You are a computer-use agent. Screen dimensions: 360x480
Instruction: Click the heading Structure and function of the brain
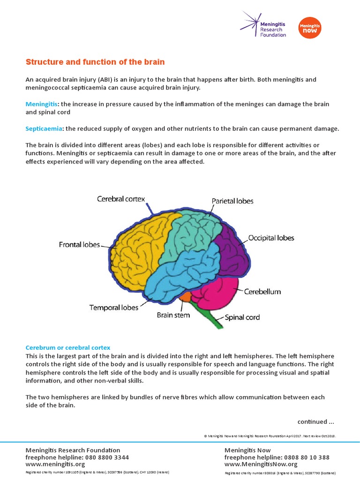pyautogui.click(x=95, y=62)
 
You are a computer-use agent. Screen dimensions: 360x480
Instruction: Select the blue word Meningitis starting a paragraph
pyautogui.click(x=41, y=103)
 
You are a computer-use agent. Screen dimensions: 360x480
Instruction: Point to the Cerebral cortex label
pyautogui.click(x=121, y=199)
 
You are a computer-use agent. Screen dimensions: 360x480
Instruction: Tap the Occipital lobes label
pyautogui.click(x=271, y=238)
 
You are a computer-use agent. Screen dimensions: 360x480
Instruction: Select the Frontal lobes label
pyautogui.click(x=79, y=244)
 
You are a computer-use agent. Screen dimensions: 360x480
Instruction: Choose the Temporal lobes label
pyautogui.click(x=114, y=307)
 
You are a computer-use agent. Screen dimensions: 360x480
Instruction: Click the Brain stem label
pyautogui.click(x=173, y=315)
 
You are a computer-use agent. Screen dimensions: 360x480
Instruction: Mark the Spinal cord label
pyautogui.click(x=242, y=317)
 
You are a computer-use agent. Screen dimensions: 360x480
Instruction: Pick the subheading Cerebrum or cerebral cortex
pyautogui.click(x=67, y=347)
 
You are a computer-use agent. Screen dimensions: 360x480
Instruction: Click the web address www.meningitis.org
pyautogui.click(x=55, y=464)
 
